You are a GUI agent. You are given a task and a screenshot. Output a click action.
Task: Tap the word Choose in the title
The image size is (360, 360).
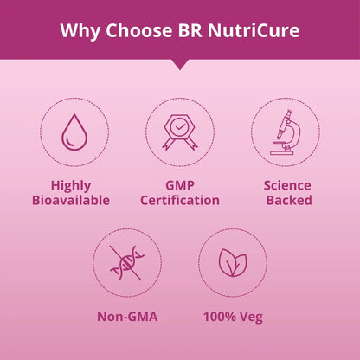(x=139, y=30)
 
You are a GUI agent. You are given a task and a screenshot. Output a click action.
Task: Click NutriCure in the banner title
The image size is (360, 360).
(x=254, y=30)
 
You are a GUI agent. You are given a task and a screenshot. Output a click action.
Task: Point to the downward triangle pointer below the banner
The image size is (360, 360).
(x=180, y=64)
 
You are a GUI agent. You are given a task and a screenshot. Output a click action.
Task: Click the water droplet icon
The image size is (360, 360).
(x=74, y=132)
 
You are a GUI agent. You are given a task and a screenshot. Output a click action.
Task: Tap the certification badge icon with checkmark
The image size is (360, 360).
(x=180, y=132)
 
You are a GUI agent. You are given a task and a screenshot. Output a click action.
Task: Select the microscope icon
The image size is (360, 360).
(x=286, y=132)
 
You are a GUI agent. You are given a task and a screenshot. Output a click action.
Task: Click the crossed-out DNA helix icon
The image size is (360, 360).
(x=127, y=263)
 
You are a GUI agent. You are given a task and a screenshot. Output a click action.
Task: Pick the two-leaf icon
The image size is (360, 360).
(x=233, y=263)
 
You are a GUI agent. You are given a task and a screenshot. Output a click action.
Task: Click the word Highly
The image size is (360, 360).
(x=71, y=186)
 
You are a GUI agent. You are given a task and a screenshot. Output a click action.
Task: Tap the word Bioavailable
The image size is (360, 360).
(x=71, y=201)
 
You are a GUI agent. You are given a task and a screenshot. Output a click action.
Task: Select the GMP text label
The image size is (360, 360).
(x=180, y=185)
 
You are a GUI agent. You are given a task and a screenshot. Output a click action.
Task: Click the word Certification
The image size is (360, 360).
(x=180, y=201)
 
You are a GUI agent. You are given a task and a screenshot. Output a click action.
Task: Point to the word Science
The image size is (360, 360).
(x=287, y=185)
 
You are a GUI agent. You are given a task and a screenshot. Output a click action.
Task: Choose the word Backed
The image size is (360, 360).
(x=289, y=201)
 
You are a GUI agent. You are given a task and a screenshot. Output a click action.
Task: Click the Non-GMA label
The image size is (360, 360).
(x=127, y=317)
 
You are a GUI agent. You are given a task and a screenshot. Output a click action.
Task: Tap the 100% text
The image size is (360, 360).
(x=220, y=317)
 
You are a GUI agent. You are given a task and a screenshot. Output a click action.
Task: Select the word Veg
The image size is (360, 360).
(x=251, y=318)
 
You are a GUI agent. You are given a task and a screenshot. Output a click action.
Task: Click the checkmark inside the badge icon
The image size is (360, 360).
(x=180, y=126)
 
